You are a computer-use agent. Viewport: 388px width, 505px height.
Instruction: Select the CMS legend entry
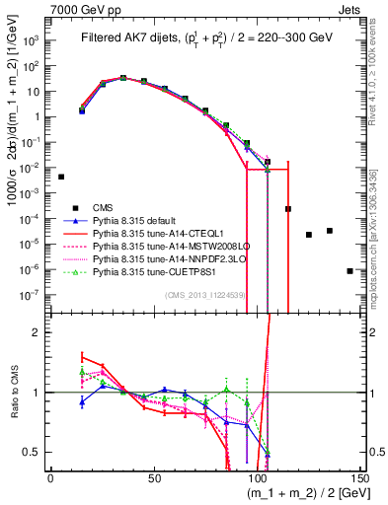point(103,207)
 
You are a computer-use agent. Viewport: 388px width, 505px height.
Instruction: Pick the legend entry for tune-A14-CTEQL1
point(154,233)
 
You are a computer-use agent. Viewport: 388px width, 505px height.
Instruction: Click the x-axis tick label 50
point(154,478)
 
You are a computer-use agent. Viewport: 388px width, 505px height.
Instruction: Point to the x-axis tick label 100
point(258,478)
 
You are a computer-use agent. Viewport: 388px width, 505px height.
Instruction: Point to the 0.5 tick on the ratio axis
point(34,453)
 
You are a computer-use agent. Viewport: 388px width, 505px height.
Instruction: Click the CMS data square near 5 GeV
point(61,177)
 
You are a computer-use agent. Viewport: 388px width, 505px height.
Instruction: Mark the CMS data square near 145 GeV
point(349,270)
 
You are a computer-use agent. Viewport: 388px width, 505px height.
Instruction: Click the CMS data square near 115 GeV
point(288,209)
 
